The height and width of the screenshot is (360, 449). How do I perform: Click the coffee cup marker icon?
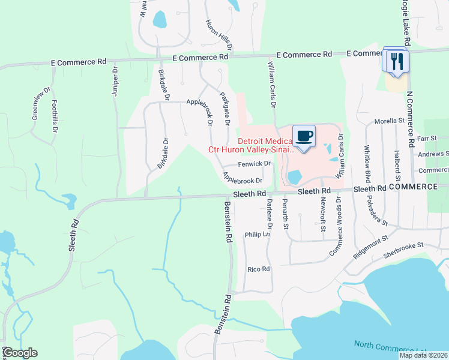pyautogui.click(x=304, y=135)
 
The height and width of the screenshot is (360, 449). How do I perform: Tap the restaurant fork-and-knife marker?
pyautogui.click(x=396, y=61)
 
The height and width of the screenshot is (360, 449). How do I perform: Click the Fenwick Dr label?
pyautogui.click(x=255, y=163)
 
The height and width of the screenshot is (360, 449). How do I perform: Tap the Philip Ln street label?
pyautogui.click(x=258, y=235)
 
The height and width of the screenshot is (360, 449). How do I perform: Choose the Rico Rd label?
pyautogui.click(x=259, y=269)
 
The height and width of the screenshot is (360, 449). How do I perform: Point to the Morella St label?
pyautogui.click(x=389, y=121)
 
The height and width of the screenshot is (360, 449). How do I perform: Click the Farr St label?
pyautogui.click(x=427, y=138)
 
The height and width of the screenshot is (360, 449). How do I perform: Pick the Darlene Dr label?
pyautogui.click(x=270, y=214)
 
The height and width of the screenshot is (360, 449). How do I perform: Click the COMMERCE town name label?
pyautogui.click(x=414, y=187)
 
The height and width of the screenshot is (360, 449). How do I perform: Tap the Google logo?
pyautogui.click(x=19, y=353)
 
